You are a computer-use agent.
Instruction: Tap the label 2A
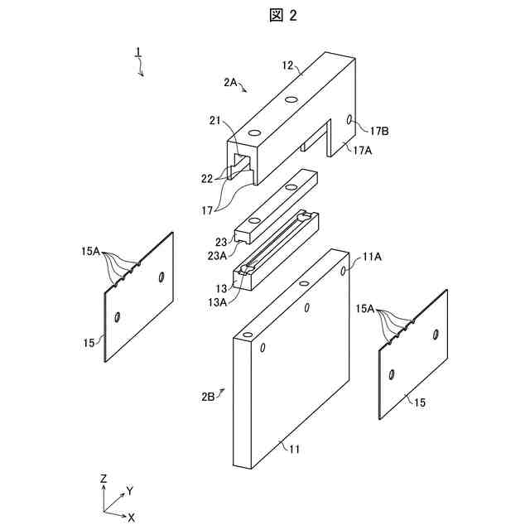point(231,82)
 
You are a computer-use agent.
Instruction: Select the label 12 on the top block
point(288,65)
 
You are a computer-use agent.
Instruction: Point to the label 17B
point(380,130)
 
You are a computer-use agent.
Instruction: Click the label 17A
point(363,150)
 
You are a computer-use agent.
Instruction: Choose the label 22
point(207,176)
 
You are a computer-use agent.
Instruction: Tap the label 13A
point(218,302)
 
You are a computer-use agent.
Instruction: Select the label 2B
point(208,397)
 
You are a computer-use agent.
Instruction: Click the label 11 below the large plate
point(294,450)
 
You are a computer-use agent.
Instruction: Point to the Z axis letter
point(102,479)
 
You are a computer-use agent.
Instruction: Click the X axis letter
point(131,517)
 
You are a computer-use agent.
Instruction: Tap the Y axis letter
point(129,491)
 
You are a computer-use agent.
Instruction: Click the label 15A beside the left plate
point(90,251)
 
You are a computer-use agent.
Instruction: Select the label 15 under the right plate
point(420,402)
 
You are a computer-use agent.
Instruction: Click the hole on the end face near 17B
point(349,119)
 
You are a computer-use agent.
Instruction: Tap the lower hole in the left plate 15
point(118,316)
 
